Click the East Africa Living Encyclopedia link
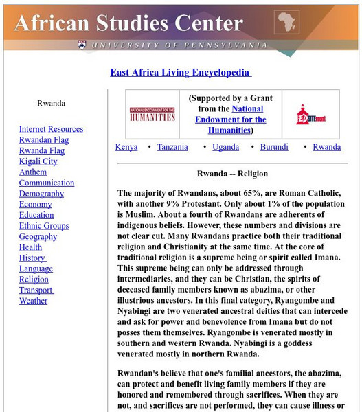[181, 72]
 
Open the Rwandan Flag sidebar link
[44, 140]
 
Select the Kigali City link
[38, 161]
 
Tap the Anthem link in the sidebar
[33, 172]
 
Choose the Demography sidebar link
[41, 194]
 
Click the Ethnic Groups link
[44, 226]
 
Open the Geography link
[38, 236]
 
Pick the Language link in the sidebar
[36, 268]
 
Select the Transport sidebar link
[36, 290]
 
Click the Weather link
[33, 301]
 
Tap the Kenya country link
[126, 147]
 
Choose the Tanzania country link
[172, 147]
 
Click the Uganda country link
[225, 147]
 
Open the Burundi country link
[274, 147]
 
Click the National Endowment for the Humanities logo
[152, 114]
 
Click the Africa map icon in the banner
[286, 22]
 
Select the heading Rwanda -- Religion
[232, 174]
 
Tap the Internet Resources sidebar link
[51, 129]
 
